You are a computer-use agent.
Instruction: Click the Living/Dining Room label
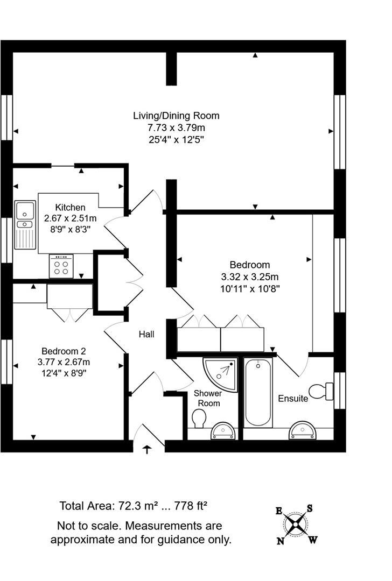[x=176, y=116]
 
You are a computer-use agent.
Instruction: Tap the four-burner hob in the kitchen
[x=61, y=265]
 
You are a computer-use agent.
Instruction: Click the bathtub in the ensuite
[x=258, y=393]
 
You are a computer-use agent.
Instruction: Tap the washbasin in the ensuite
[x=303, y=430]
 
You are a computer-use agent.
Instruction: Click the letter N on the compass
[x=281, y=541]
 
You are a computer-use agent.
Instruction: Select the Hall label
[x=146, y=334]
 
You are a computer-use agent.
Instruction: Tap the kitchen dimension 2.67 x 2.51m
[x=69, y=218]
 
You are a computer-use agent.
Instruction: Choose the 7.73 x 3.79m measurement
[x=176, y=127]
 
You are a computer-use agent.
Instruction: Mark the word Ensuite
[x=293, y=399]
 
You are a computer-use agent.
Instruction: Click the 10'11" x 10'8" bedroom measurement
[x=250, y=288]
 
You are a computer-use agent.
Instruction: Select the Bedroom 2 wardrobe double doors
[x=70, y=315]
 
